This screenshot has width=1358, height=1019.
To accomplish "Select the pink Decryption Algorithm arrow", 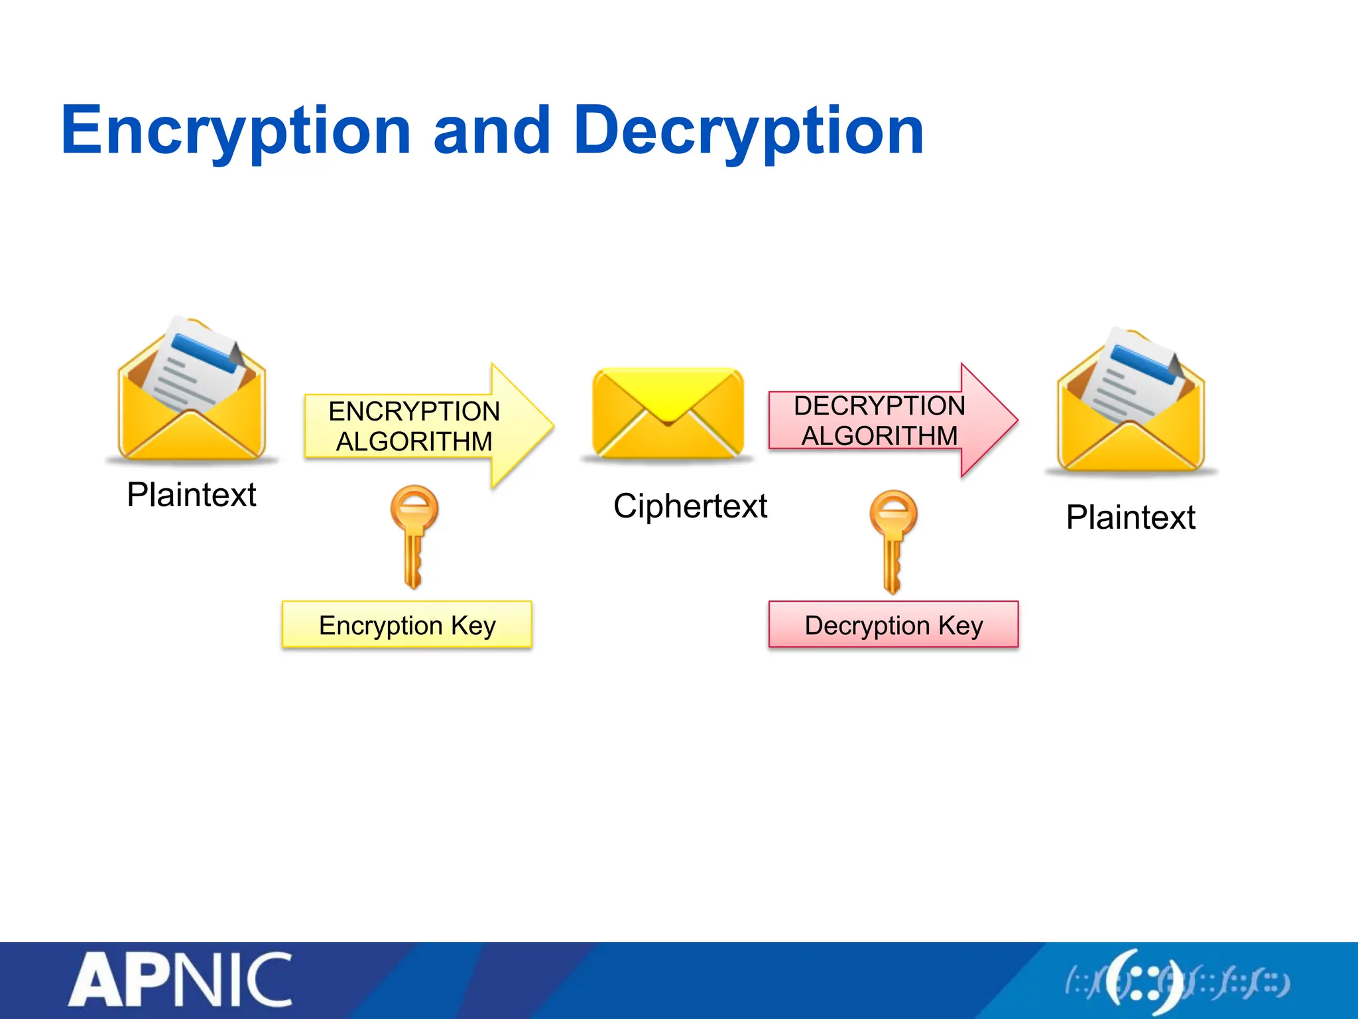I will (x=889, y=421).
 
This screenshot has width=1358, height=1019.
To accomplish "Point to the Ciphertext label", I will (x=690, y=506).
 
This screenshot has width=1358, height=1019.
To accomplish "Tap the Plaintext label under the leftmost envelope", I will (x=192, y=495).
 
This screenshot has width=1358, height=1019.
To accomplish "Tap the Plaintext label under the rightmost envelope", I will (x=1131, y=517).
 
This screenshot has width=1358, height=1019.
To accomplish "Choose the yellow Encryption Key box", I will (x=406, y=625).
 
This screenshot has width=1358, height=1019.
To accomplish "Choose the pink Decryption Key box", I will (x=893, y=625).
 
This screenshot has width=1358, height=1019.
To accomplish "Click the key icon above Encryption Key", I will (x=414, y=535).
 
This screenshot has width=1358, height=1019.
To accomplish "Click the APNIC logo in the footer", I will (x=180, y=980).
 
